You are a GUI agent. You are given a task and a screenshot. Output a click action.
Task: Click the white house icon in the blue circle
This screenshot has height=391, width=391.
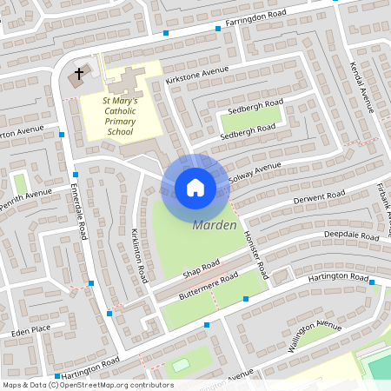point(195,188)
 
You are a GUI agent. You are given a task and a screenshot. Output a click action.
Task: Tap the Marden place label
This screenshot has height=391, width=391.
point(214,226)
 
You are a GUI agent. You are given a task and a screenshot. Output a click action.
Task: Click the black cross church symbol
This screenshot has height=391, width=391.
point(79,74)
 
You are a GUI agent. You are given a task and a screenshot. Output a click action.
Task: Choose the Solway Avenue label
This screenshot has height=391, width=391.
point(255,172)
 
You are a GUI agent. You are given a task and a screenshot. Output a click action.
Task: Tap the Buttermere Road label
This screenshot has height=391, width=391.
point(204,286)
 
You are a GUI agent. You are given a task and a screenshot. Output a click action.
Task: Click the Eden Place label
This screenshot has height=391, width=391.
point(31,330)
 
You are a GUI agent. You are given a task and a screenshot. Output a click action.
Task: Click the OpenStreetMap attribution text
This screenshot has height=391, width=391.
point(88,384)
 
